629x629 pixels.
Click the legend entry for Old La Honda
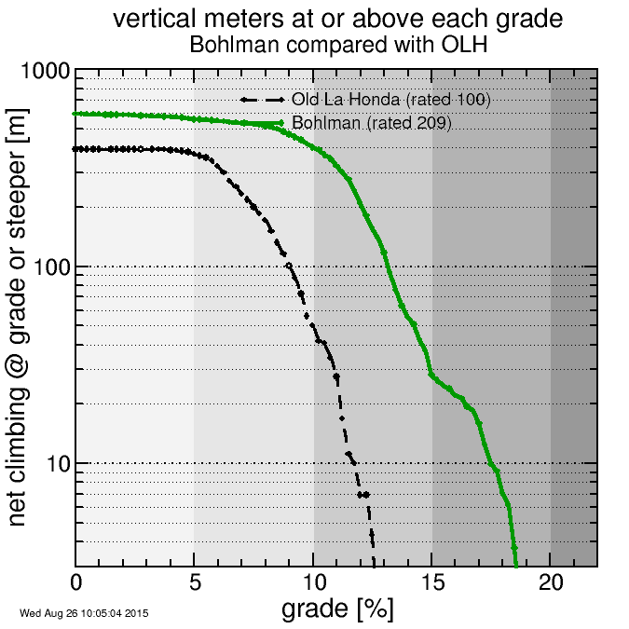(390, 99)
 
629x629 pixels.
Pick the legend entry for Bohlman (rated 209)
(371, 122)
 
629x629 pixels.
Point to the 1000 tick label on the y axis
(42, 73)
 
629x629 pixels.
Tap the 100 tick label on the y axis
(50, 268)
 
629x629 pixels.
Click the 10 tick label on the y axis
(57, 464)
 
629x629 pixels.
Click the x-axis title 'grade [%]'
(336, 609)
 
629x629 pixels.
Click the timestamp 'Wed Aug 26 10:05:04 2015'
(84, 613)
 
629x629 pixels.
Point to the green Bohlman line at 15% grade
(431, 375)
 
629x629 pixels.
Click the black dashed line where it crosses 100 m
(289, 267)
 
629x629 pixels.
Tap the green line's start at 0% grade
(76, 114)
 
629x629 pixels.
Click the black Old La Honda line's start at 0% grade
(76, 148)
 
